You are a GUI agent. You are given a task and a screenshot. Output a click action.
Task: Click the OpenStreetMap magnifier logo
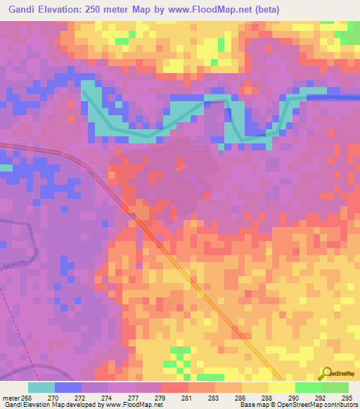pyautogui.click(x=326, y=373)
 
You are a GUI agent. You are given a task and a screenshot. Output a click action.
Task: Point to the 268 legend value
pyautogui.click(x=27, y=397)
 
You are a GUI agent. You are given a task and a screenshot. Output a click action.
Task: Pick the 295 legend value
pyautogui.click(x=347, y=397)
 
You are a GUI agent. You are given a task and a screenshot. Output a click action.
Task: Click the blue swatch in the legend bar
pyautogui.click(x=67, y=387)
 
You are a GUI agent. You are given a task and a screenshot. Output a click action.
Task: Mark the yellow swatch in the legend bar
pyautogui.click(x=281, y=387)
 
